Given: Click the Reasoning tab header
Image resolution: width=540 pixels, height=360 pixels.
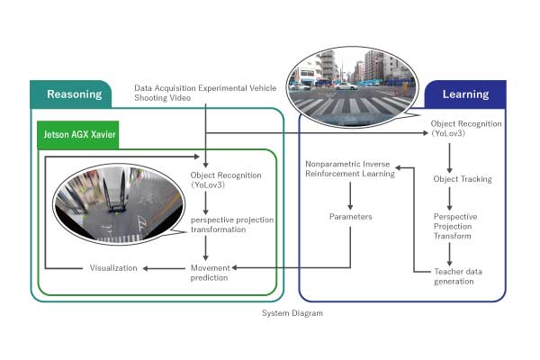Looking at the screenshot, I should coord(70,94).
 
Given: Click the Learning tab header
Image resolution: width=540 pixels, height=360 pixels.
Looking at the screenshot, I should coord(465,94).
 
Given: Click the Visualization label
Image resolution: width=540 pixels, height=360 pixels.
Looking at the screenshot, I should coord(113,267).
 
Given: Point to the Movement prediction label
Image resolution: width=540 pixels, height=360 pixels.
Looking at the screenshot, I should coord(210,272).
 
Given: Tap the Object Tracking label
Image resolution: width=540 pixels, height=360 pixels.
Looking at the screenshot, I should coord(463,179).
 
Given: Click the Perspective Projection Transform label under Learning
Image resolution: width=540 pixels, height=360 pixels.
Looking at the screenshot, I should coord(455,227).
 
